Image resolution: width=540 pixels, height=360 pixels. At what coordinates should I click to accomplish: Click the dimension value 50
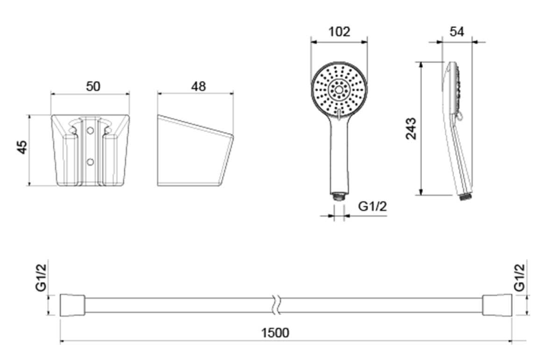[x=93, y=86]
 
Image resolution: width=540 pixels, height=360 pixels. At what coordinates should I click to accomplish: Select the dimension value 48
[x=198, y=86]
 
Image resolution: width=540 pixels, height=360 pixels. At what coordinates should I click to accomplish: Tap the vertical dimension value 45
[x=21, y=147]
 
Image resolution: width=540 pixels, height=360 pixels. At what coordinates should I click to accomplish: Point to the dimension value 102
[x=339, y=31]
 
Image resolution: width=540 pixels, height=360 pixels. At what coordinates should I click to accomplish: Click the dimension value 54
[x=457, y=31]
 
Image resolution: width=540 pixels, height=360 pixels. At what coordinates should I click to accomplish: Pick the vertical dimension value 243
[x=410, y=128]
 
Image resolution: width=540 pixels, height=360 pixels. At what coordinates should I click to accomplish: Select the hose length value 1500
[x=275, y=333]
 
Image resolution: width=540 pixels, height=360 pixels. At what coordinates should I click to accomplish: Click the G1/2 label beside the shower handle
[x=372, y=206]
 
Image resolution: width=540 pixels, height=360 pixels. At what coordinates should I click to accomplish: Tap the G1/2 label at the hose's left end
[x=41, y=278]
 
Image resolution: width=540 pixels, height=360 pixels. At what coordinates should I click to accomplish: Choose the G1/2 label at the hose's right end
[x=519, y=278]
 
